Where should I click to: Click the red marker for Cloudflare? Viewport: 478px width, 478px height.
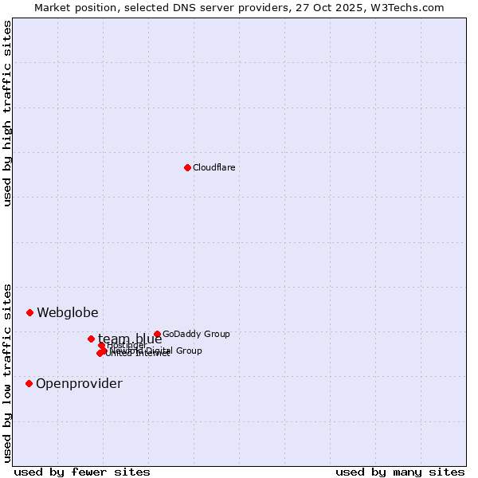[x=187, y=167]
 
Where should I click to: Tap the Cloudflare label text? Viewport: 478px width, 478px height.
[x=214, y=167]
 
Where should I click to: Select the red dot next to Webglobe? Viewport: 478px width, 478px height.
[x=29, y=312]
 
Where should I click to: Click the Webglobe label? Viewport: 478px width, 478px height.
[x=68, y=312]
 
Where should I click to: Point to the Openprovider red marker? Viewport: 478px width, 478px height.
[x=29, y=383]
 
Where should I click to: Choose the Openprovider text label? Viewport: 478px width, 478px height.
[x=79, y=383]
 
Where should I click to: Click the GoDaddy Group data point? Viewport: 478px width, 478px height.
[x=157, y=334]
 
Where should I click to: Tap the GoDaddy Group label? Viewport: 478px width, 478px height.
[x=196, y=334]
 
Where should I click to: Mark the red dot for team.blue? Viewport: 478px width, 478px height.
[x=91, y=339]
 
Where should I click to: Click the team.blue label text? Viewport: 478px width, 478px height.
[x=130, y=339]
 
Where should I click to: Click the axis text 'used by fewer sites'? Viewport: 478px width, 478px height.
[x=82, y=472]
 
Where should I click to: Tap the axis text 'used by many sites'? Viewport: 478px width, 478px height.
[x=400, y=472]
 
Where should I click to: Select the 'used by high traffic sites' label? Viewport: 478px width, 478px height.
[x=7, y=113]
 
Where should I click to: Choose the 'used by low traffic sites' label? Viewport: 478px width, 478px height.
[x=7, y=372]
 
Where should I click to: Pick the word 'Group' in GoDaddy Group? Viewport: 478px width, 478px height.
[x=215, y=334]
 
